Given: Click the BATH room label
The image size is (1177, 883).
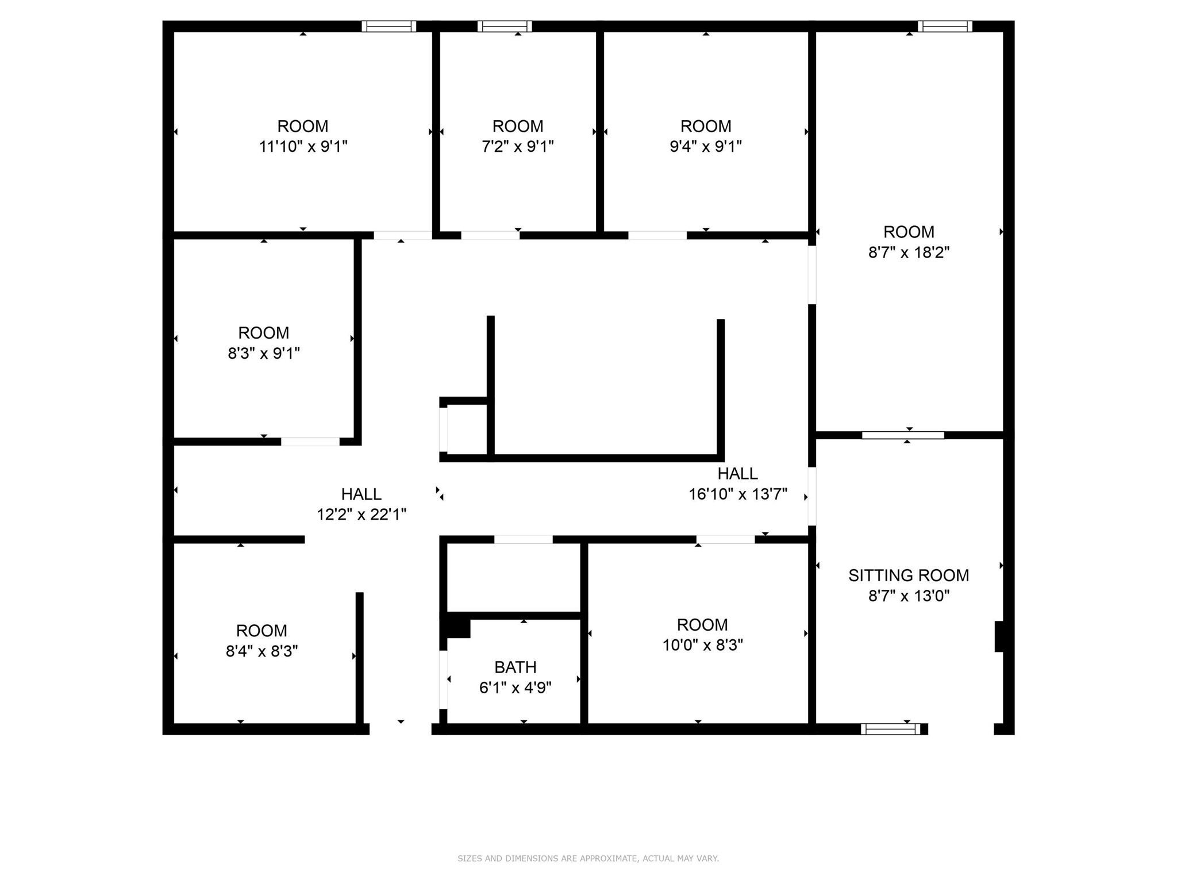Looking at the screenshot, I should (515, 667).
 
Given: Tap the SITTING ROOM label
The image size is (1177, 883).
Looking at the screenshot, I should (908, 575).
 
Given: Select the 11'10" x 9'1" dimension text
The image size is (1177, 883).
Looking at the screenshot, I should (303, 147).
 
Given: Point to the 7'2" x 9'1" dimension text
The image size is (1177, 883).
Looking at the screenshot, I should (517, 147).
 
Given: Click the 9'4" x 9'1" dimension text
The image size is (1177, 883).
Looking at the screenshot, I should (705, 147).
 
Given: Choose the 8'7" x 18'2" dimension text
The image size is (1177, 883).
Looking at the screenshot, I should (908, 252).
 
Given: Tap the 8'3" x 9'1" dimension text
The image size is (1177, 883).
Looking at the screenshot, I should (263, 354).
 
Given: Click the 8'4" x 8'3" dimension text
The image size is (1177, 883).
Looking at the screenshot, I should (261, 651).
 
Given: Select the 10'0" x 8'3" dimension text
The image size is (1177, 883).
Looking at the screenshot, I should (702, 645).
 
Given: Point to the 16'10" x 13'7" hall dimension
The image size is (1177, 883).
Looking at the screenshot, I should (737, 494).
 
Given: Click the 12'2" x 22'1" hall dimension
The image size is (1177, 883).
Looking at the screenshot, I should (361, 515).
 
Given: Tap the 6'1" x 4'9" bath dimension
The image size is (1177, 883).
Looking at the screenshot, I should (515, 688).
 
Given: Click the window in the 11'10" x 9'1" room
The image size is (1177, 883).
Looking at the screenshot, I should (389, 26).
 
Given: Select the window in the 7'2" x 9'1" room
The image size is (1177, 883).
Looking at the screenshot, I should (504, 26).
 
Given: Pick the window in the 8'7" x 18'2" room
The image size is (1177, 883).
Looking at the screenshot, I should (944, 26).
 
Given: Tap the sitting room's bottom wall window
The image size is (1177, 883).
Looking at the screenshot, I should (890, 729).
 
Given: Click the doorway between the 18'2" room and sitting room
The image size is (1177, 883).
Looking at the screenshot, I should (902, 435).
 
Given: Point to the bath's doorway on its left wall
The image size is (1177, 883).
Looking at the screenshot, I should (443, 679).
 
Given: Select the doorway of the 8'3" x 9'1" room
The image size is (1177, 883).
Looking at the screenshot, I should (310, 441).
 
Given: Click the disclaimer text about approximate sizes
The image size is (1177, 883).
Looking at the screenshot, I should (588, 858).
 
